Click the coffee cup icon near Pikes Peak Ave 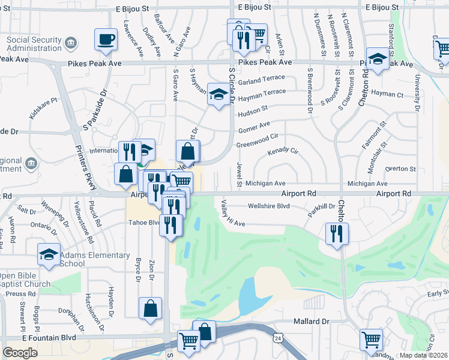tap(106, 40)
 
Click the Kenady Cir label tap(283, 152)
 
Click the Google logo tap(20, 352)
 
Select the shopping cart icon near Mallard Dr tap(371, 339)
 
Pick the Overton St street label tap(400, 169)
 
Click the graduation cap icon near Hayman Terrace tap(218, 94)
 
